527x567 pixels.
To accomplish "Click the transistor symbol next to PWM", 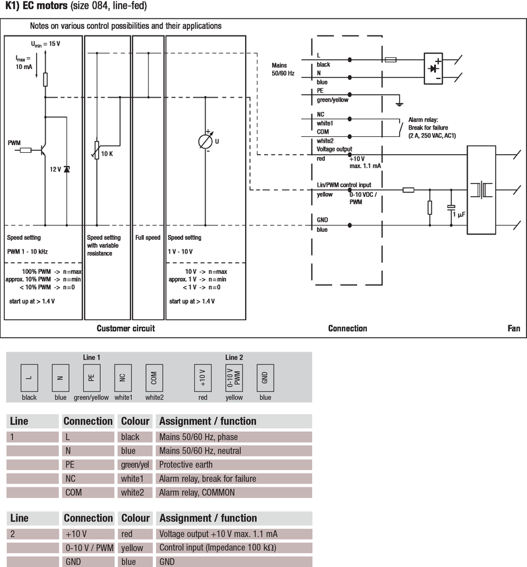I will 42,150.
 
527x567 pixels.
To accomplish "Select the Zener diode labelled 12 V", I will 67,169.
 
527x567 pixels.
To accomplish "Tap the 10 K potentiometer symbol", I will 97,151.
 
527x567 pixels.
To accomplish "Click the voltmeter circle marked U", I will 207,141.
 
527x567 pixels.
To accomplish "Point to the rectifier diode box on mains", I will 433,68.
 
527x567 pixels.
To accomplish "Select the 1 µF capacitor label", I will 458,215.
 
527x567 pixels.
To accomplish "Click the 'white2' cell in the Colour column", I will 134,493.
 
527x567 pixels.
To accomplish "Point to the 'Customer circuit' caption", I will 126,328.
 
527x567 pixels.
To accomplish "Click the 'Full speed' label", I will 148,238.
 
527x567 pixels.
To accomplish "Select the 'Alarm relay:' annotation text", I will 426,119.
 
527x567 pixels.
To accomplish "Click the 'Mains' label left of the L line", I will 280,65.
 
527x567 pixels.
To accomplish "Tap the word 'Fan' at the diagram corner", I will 514,328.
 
